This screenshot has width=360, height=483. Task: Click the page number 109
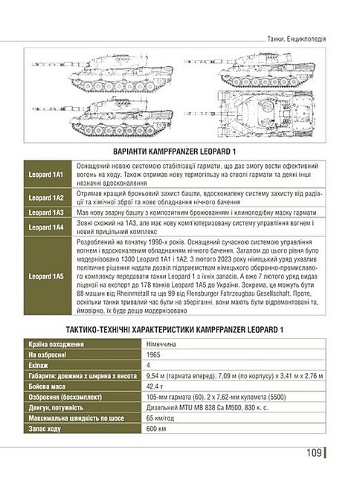tap(312, 453)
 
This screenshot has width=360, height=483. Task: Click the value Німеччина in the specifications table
tap(164, 345)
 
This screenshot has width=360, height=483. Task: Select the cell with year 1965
tap(155, 355)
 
